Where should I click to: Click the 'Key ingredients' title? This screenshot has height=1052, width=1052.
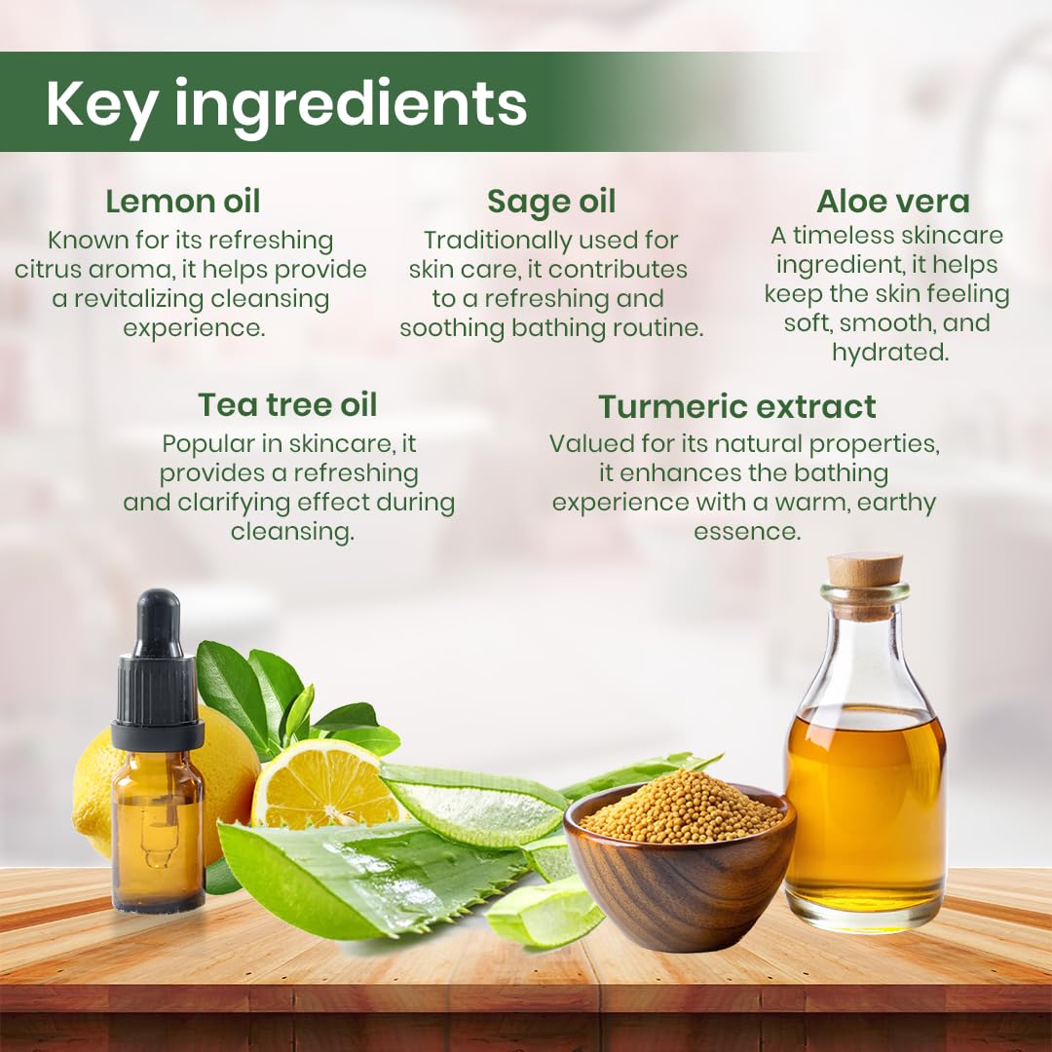[x=286, y=104]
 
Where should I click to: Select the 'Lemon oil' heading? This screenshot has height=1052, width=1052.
[x=183, y=202]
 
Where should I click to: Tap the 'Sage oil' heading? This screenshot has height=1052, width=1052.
[x=551, y=202]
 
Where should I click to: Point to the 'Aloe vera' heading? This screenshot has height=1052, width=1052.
[x=893, y=202]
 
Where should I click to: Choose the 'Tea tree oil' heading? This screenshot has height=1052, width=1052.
[x=287, y=404]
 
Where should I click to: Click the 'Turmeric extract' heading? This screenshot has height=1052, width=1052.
[x=737, y=406]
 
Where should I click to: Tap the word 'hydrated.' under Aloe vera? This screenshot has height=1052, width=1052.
[x=890, y=353]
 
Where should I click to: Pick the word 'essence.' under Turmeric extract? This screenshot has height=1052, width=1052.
[x=747, y=532]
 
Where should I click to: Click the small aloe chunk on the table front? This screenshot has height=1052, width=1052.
[x=545, y=913]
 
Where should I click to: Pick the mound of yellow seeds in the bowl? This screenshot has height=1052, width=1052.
[x=680, y=808]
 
